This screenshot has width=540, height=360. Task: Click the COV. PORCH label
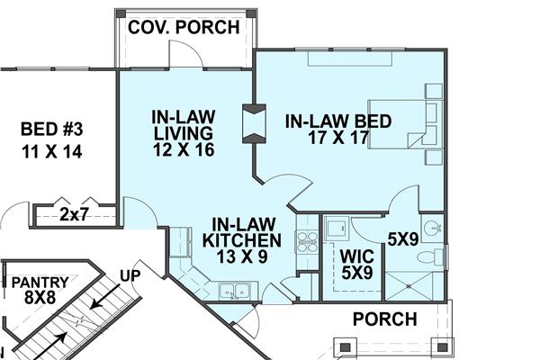click(x=184, y=27)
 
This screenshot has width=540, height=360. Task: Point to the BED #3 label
click(x=51, y=140)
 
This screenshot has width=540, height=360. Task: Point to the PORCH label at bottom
click(x=384, y=319)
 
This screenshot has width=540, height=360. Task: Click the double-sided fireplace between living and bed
click(x=254, y=123)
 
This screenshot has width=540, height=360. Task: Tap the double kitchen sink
click(x=236, y=290)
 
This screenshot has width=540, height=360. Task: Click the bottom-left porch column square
click(x=344, y=345)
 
